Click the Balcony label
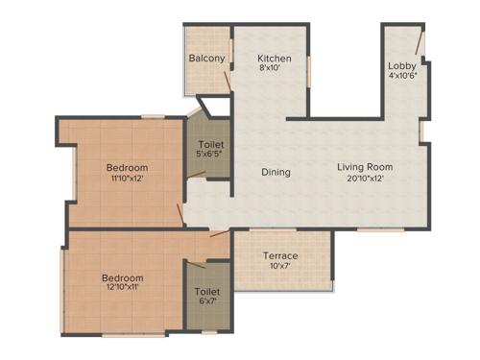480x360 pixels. (x=206, y=59)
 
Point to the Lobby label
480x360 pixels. (x=401, y=65)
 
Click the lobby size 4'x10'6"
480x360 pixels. (x=402, y=76)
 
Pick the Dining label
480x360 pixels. (x=276, y=173)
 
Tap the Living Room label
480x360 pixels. (x=365, y=167)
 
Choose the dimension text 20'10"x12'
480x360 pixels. (x=365, y=179)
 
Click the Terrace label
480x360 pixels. (x=281, y=256)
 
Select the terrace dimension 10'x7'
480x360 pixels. (x=281, y=267)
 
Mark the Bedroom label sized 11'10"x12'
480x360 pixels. (x=127, y=167)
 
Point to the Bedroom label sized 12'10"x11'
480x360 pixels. (x=123, y=278)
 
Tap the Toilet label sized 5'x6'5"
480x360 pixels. (x=210, y=143)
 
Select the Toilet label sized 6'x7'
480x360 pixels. (x=206, y=291)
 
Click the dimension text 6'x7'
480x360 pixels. (x=206, y=301)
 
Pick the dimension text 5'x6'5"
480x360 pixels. (x=210, y=154)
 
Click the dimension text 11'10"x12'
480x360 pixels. (x=127, y=179)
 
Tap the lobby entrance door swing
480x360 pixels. (x=418, y=42)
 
